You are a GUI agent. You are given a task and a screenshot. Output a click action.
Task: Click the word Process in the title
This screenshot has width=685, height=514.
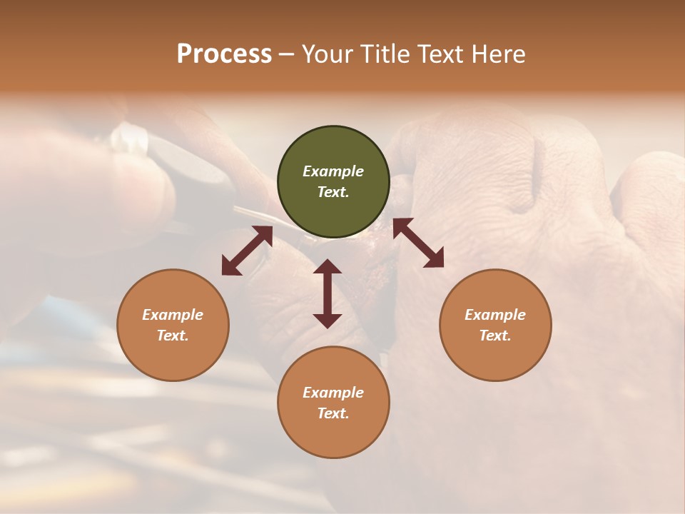[224, 54]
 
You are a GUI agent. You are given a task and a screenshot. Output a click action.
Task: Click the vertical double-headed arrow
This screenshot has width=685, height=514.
[328, 293]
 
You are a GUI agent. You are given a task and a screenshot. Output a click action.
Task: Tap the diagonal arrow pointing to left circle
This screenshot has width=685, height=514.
[247, 251]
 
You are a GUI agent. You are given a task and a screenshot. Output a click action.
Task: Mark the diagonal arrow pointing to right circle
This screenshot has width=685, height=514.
[418, 243]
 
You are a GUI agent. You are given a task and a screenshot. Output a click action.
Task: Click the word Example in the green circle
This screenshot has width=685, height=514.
[333, 171]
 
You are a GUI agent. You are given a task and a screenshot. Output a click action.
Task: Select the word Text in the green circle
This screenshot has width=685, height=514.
[333, 192]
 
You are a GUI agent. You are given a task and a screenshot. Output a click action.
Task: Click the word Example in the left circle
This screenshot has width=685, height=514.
[173, 315]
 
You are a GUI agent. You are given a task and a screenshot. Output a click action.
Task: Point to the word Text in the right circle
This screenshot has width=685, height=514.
[495, 336]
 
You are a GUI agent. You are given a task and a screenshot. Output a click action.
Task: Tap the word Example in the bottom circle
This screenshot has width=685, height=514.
[333, 393]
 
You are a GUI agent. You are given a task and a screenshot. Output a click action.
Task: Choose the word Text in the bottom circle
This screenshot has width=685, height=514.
[333, 413]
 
